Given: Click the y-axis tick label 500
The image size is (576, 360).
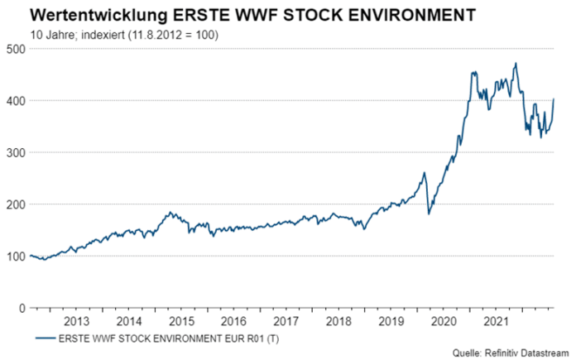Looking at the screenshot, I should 13,49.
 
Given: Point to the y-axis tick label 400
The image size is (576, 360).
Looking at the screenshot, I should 13,101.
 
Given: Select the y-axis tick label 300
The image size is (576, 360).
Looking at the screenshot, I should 13,152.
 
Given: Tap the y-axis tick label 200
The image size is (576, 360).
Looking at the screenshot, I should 13,204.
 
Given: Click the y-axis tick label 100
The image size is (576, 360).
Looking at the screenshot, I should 13,256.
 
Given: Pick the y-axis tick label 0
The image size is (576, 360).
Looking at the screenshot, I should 20,308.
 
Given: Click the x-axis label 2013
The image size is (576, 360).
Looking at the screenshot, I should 76,320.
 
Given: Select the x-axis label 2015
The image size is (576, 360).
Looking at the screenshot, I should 181,320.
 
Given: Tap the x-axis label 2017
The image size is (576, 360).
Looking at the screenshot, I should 286,320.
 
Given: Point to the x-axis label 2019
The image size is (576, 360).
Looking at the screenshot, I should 390,320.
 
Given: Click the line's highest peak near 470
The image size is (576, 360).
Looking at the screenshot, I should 516,64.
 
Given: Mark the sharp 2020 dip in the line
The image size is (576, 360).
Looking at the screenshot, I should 428,214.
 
